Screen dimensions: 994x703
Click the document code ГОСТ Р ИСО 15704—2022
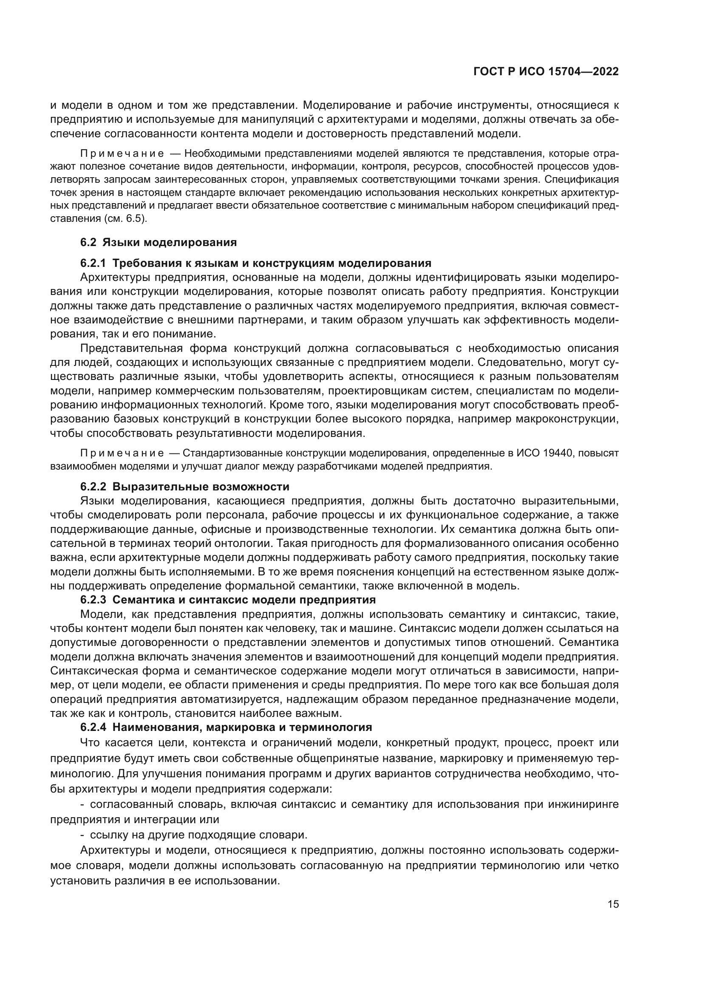point(546,72)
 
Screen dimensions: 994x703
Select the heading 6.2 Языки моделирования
point(159,242)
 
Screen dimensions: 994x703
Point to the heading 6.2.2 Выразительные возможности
point(185,487)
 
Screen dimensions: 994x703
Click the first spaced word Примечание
point(122,154)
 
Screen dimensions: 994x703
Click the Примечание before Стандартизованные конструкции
point(122,453)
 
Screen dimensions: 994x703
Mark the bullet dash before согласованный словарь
point(82,805)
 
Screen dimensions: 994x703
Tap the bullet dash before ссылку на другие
point(82,835)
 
